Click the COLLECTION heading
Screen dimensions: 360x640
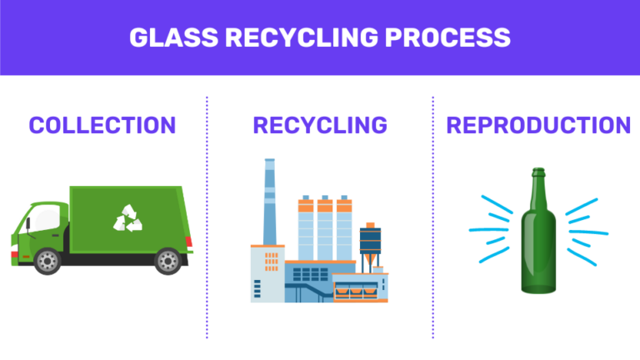[102, 125]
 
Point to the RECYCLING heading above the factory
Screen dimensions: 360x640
[320, 125]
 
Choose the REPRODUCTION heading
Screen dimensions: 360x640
[538, 125]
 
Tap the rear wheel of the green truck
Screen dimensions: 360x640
[168, 261]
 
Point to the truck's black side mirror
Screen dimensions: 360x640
[26, 224]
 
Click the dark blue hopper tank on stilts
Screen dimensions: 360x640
[371, 242]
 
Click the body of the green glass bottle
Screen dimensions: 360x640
[539, 250]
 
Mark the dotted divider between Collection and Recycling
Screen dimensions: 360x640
[207, 217]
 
